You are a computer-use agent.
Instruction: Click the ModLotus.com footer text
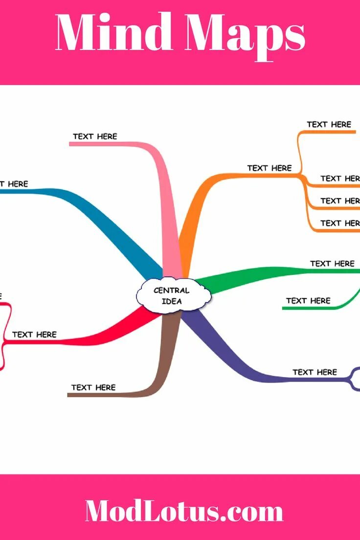pos(184,511)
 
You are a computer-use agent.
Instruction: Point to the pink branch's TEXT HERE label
pos(95,136)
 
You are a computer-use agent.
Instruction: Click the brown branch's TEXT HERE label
pos(93,387)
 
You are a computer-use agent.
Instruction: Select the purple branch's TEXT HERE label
pos(315,372)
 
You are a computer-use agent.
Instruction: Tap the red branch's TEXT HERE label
pos(34,335)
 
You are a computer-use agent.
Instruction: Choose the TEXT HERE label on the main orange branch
pos(269,168)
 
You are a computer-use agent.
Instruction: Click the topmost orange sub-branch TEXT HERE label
pos(329,125)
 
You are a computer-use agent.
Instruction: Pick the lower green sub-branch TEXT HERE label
pos(308,300)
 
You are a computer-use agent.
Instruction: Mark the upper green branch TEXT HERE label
pos(332,264)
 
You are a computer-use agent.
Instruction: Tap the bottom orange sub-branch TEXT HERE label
pos(339,223)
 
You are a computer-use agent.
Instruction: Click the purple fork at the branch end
pos(353,379)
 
